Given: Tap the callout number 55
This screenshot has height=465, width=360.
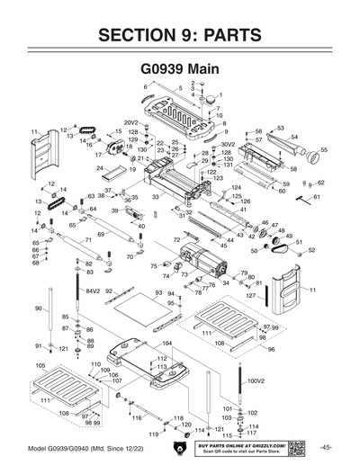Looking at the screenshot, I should [x=324, y=149].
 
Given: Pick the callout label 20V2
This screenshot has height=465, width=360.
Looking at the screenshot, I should [x=130, y=122].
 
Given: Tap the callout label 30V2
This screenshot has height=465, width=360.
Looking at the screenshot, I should [x=228, y=144].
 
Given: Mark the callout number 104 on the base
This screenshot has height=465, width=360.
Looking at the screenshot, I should [x=166, y=344].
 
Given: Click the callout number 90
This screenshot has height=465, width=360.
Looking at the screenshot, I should [x=39, y=309].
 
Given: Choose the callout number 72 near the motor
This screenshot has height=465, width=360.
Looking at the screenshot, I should [x=177, y=241].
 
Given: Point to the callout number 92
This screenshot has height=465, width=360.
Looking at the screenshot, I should [x=108, y=291].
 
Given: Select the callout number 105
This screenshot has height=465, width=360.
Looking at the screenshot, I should [x=40, y=366].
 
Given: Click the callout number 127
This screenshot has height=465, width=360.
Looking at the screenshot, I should [x=252, y=295].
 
